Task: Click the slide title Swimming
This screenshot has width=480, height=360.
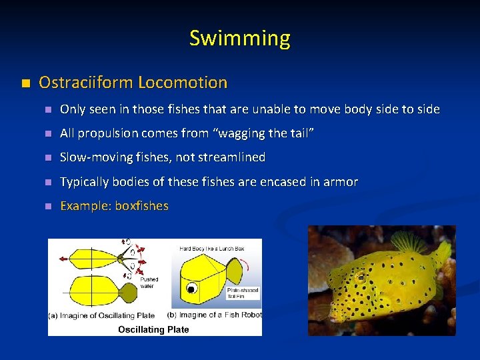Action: point(239,38)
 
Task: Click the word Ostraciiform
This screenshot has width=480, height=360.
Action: point(86,83)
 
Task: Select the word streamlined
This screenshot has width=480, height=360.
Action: point(230,157)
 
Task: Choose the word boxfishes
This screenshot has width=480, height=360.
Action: point(141,205)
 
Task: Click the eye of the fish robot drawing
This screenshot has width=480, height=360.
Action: point(192,289)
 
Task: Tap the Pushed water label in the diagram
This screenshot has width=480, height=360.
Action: point(148,283)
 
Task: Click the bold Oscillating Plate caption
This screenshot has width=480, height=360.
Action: point(153,329)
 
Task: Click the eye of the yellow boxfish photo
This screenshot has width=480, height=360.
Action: point(361,275)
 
